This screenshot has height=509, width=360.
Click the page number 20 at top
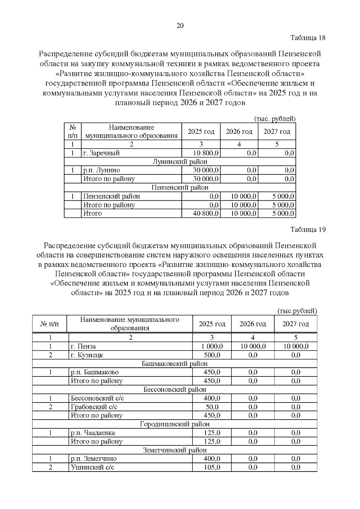(180, 25)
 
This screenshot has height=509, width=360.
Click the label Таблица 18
(308, 38)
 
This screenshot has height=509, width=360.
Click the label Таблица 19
(308, 230)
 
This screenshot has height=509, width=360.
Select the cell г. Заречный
(101, 153)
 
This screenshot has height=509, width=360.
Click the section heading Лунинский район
(180, 162)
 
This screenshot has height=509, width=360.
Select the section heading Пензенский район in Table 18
(180, 187)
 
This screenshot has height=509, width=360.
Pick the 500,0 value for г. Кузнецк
(212, 355)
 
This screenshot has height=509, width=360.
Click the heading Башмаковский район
(175, 364)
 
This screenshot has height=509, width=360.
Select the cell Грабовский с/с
(94, 407)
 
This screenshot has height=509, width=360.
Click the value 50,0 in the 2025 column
(212, 407)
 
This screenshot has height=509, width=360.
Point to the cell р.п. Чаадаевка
(93, 433)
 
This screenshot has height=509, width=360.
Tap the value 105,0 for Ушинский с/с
(212, 467)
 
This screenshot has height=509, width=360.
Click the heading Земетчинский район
(175, 450)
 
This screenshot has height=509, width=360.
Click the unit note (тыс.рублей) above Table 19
(297, 311)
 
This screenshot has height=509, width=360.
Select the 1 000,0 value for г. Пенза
(212, 346)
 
